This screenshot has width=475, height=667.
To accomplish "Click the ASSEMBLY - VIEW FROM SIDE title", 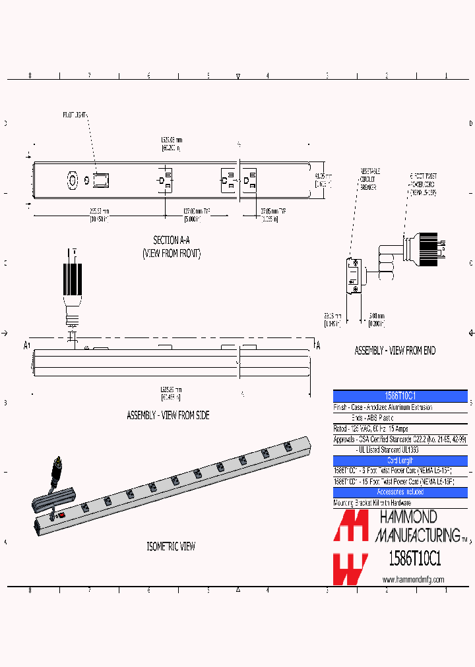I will tap(168, 416).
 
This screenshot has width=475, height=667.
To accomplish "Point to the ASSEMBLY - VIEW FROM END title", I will tap(395, 351).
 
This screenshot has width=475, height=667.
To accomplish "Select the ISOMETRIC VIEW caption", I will tap(171, 546).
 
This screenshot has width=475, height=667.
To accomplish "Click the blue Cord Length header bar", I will tap(400, 460).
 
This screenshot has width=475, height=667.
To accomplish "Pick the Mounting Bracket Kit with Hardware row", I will tap(373, 503).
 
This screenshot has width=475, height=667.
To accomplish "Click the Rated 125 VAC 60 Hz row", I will tap(371, 428).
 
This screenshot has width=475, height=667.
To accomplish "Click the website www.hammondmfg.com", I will tap(413, 579).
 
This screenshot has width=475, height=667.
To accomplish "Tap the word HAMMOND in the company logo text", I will tap(407, 516).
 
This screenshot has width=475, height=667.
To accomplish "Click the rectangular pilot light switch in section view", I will tap(101, 179).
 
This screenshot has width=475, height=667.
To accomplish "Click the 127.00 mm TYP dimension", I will tap(197, 215).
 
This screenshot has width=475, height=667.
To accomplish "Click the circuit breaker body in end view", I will tap(354, 275).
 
